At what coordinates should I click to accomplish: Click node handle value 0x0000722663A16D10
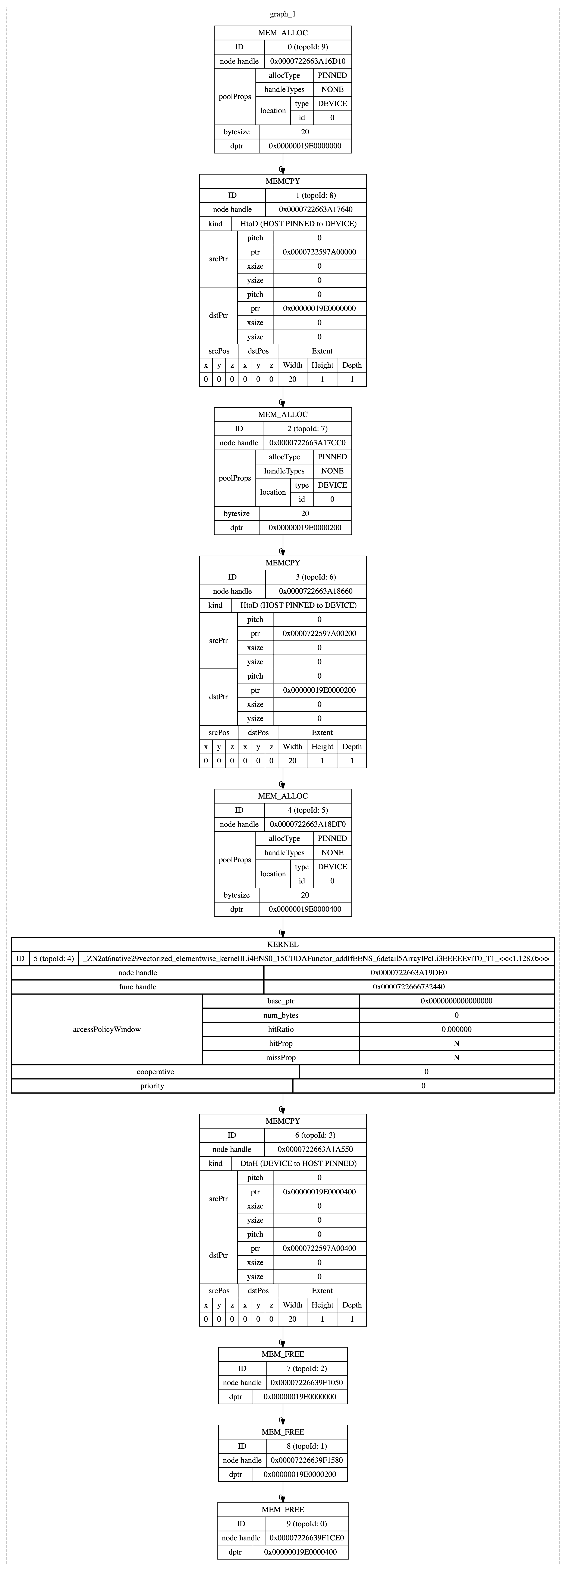coord(308,61)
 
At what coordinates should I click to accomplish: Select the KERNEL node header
coord(283,944)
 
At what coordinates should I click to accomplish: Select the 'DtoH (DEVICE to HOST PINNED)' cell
coord(299,1163)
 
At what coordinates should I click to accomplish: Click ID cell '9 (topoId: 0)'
coord(307,1524)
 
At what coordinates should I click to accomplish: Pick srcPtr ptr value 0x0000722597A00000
coord(319,252)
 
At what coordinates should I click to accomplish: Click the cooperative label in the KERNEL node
coord(155,1071)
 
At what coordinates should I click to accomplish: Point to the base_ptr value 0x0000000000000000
coord(456,1001)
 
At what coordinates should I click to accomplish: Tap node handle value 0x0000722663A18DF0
coord(308,824)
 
